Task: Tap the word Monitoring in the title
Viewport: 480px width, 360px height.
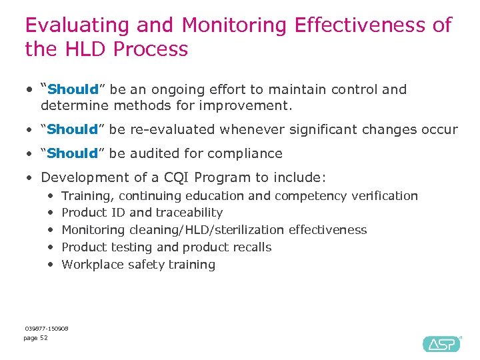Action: coord(234,25)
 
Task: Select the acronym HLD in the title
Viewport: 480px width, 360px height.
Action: coord(85,49)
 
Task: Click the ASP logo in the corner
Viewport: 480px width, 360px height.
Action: coord(441,343)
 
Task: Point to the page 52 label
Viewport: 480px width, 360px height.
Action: coord(35,338)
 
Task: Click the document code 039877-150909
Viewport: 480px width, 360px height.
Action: coord(47,328)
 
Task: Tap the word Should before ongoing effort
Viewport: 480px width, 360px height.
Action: coord(73,89)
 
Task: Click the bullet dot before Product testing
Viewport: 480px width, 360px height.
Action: coord(51,247)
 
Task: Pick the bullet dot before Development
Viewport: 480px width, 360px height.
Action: coord(29,177)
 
